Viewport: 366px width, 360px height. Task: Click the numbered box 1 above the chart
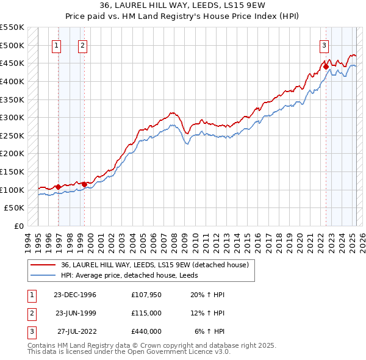pos(57,45)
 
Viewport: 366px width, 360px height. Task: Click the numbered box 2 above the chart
pos(82,45)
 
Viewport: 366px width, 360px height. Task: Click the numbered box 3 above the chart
pos(324,45)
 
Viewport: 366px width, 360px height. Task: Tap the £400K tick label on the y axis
pos(13,81)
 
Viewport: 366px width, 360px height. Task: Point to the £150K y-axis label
pos(13,171)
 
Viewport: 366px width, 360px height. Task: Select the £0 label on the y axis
pos(18,226)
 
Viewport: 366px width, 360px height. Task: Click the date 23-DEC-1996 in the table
pos(75,295)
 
